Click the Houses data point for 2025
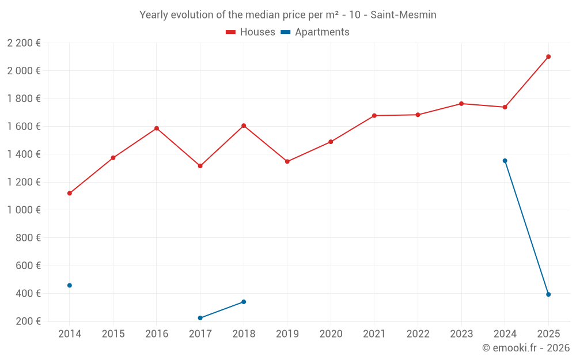pos(548,56)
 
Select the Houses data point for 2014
pos(70,194)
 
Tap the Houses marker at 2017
pos(200,166)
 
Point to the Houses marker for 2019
pos(287,161)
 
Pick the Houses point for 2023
pos(461,104)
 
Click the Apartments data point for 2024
pos(505,161)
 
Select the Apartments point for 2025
pos(548,294)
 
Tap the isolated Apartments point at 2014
pos(70,285)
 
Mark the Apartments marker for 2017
pos(200,318)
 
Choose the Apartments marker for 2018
pos(244,302)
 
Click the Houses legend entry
pos(251,32)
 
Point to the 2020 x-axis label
pos(331,334)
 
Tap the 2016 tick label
pos(157,334)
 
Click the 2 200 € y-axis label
pos(24,43)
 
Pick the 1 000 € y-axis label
pos(24,210)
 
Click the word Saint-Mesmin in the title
pos(403,15)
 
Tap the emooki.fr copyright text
pos(526,348)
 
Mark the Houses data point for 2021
pos(374,116)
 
